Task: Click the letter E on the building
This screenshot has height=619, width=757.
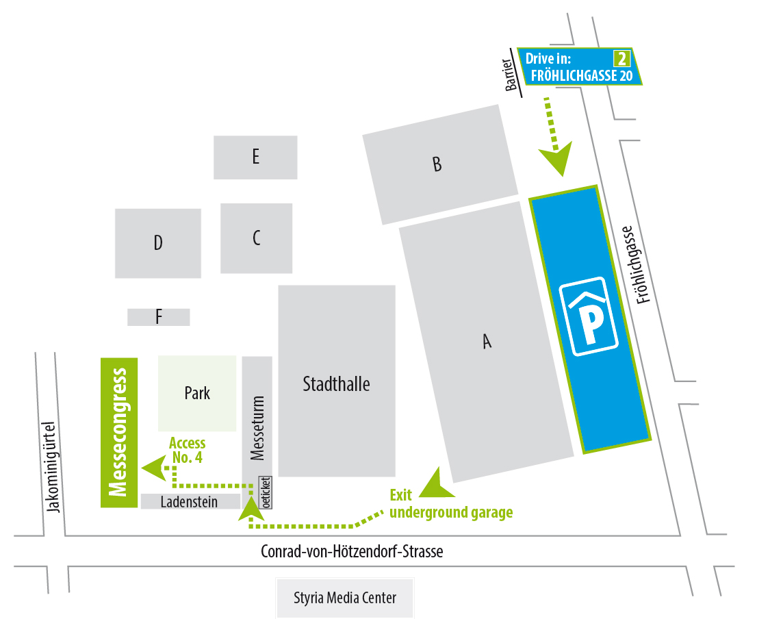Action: point(255,157)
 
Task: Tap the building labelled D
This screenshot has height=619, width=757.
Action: point(158,243)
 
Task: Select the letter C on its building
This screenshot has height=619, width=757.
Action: point(257,238)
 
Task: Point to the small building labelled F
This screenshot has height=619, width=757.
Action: point(159,317)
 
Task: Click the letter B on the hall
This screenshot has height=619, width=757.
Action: point(437,164)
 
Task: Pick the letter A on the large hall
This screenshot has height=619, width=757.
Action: point(487,341)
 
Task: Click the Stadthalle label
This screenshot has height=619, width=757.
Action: point(336,384)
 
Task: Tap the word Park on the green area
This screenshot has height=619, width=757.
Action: point(197,393)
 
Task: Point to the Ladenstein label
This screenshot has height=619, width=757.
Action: point(189,502)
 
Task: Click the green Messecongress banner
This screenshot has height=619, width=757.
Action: point(119,433)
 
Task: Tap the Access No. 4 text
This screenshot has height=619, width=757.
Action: point(187,451)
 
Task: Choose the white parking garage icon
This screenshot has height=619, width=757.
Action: point(589,316)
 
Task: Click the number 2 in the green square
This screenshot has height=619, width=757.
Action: point(622,58)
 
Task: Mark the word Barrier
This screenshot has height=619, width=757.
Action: point(510,71)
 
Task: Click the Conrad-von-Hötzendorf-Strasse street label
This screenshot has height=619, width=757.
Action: point(352,551)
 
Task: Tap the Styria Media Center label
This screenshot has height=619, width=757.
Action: point(345,598)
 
